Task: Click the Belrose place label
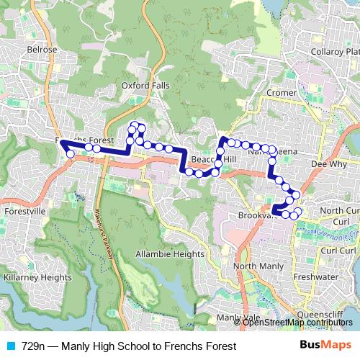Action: [42, 50]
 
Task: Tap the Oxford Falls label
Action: [145, 85]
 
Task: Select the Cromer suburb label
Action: [281, 93]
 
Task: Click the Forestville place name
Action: [25, 212]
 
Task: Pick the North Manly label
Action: [255, 266]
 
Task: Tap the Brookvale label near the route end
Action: [253, 215]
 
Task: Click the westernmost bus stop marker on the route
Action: [70, 153]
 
